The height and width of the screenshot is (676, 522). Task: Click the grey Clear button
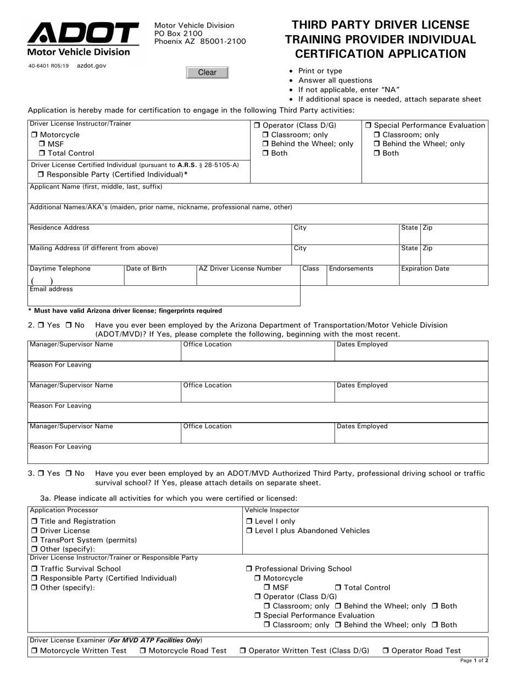[x=207, y=73]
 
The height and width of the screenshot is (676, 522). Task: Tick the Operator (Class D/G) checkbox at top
[x=257, y=125]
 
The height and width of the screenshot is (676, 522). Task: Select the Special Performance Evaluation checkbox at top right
[x=368, y=125]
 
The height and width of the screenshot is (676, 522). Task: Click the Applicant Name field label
[x=96, y=187]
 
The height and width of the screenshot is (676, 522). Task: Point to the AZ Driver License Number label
[x=240, y=269]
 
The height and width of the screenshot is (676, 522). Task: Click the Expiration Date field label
[x=425, y=269]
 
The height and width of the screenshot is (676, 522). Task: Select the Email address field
[x=163, y=297]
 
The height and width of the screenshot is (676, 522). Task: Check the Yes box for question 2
[x=41, y=325]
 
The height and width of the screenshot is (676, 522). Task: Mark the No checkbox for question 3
[x=69, y=473]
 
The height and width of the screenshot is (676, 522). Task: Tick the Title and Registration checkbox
[x=34, y=522]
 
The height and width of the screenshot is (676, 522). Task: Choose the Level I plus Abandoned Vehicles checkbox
[x=249, y=531]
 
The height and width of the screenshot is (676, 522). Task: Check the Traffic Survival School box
[x=34, y=569]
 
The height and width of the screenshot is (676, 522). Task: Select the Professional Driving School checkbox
[x=249, y=569]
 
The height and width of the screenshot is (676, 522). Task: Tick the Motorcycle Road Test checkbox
[x=143, y=651]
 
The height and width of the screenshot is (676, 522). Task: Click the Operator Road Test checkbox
[x=386, y=651]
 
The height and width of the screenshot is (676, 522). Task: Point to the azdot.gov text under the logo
[x=92, y=65]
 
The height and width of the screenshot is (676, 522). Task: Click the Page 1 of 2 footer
[x=474, y=661]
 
